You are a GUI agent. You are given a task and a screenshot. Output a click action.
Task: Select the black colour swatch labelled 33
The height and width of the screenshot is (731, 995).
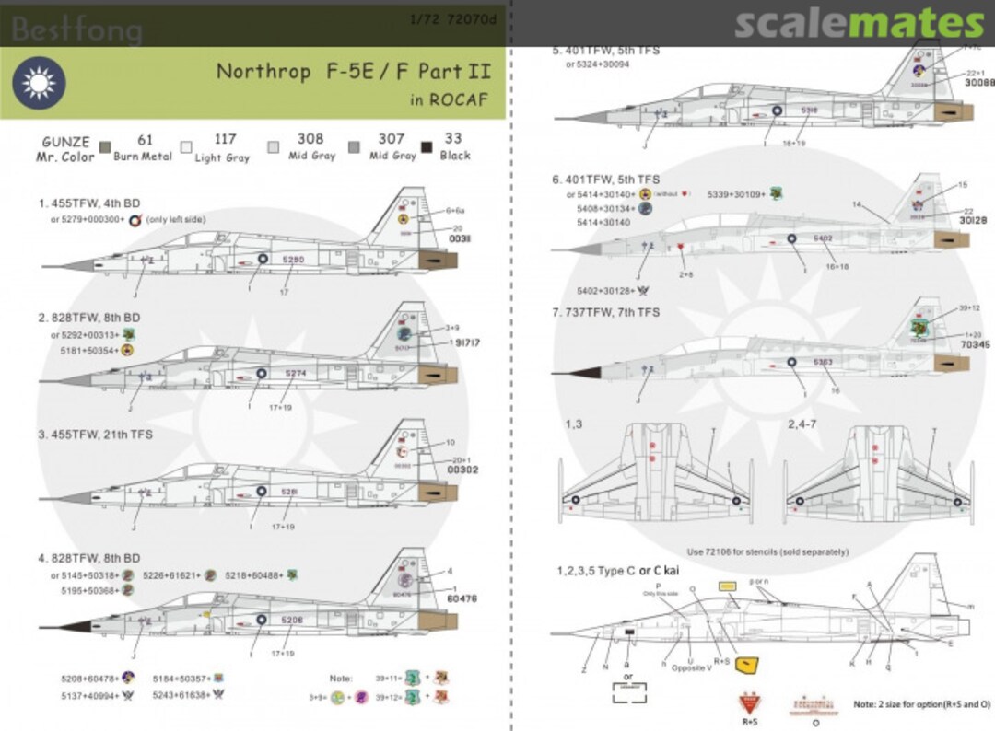(427, 148)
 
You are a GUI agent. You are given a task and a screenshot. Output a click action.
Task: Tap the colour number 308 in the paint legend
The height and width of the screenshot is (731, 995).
(310, 139)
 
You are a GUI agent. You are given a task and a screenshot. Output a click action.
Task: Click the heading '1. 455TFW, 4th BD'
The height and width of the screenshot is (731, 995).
(90, 202)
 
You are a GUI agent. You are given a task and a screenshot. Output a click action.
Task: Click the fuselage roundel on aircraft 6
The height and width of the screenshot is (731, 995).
(791, 239)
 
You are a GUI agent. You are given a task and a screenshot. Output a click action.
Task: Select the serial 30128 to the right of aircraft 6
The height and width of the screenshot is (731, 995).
(949, 221)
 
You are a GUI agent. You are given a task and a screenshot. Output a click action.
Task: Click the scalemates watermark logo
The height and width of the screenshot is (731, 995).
(859, 23)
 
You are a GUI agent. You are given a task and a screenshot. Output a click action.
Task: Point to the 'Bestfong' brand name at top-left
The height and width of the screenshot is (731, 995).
(77, 30)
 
